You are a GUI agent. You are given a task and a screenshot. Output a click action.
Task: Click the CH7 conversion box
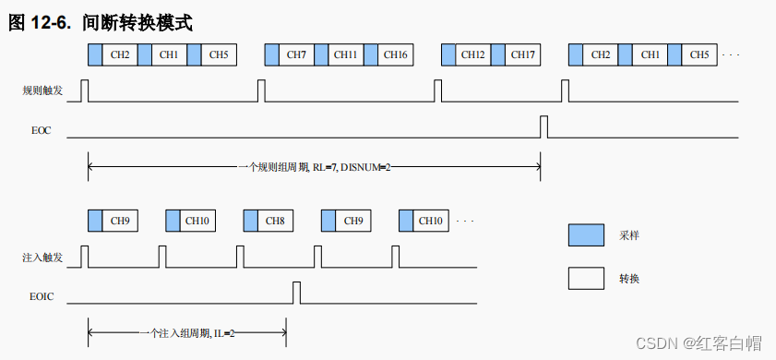pyautogui.click(x=296, y=55)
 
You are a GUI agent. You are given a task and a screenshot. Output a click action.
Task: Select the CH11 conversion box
pyautogui.click(x=346, y=55)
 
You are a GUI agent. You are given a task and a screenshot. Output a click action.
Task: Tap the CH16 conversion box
pyautogui.click(x=395, y=55)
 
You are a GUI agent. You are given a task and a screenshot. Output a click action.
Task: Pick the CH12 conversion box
pyautogui.click(x=473, y=55)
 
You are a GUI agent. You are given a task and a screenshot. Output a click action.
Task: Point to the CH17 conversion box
pyautogui.click(x=522, y=55)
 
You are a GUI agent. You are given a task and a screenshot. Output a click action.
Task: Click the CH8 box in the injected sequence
pyautogui.click(x=275, y=222)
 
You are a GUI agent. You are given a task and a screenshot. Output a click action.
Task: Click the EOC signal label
pyautogui.click(x=41, y=131)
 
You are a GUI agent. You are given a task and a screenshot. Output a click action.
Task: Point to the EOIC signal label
pyautogui.click(x=42, y=296)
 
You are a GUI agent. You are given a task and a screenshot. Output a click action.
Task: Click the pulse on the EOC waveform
pyautogui.click(x=543, y=126)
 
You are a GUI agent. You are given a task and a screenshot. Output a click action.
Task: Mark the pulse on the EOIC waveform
pyautogui.click(x=296, y=293)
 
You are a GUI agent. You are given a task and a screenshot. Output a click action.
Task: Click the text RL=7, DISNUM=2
pyautogui.click(x=351, y=166)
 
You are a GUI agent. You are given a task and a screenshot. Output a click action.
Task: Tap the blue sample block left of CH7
pyautogui.click(x=272, y=55)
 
